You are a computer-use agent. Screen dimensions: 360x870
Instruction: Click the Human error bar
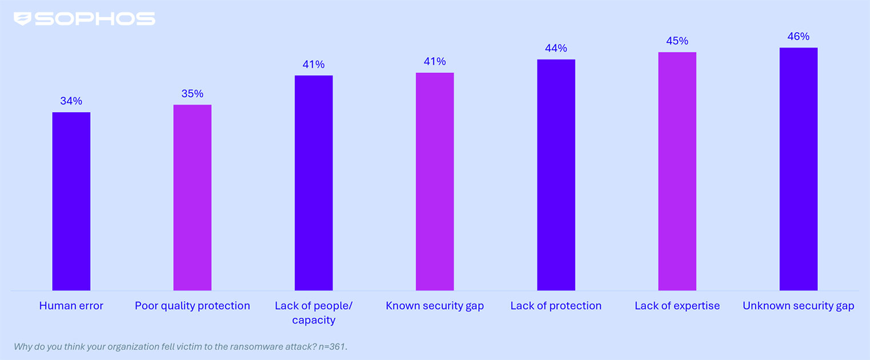[71, 201]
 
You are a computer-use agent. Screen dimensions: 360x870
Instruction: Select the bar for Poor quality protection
[193, 198]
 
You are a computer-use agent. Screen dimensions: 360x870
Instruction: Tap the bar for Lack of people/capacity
[314, 183]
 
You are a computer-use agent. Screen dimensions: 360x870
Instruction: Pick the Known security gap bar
[435, 182]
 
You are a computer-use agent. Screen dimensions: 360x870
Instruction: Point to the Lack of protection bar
[556, 175]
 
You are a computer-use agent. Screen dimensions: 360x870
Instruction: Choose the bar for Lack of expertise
[677, 171]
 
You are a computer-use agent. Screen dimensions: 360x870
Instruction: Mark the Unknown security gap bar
[798, 169]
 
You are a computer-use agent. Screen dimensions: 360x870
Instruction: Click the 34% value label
[71, 101]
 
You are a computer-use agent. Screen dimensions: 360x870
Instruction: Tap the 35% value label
[193, 94]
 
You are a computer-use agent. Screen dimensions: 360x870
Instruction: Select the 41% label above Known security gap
[435, 62]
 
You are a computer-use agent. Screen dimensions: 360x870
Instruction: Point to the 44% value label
[556, 49]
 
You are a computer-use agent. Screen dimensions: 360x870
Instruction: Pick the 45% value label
[677, 41]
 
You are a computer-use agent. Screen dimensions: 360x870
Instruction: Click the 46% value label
[798, 37]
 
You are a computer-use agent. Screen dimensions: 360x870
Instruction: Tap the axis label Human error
[71, 306]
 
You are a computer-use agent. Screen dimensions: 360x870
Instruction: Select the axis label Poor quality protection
[193, 306]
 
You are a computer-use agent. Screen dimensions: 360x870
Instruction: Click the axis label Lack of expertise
[677, 306]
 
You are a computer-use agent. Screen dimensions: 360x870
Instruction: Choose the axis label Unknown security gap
[798, 306]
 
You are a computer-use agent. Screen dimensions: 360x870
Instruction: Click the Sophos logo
[85, 19]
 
